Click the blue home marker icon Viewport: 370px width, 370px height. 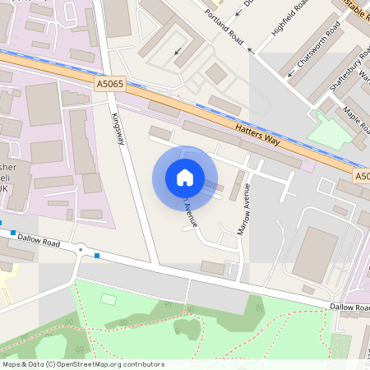point(185,178)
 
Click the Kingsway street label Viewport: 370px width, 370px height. point(118,129)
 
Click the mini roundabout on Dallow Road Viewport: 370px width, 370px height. point(81,249)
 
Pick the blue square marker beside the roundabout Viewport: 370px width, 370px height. point(98,256)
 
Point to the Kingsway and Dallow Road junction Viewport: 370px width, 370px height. point(155,263)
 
